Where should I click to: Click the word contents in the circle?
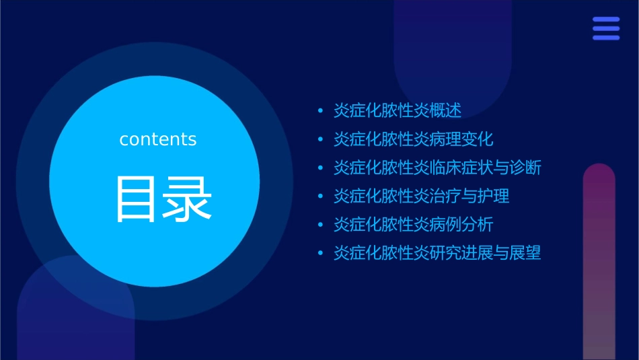158,139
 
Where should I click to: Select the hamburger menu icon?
606,29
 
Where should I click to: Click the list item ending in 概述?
398,111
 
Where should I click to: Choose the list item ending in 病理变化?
414,139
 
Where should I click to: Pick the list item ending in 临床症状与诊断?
437,168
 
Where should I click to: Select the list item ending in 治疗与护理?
422,196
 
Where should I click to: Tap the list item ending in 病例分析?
414,225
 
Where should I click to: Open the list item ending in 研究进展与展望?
437,253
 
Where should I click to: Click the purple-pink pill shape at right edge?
599,262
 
